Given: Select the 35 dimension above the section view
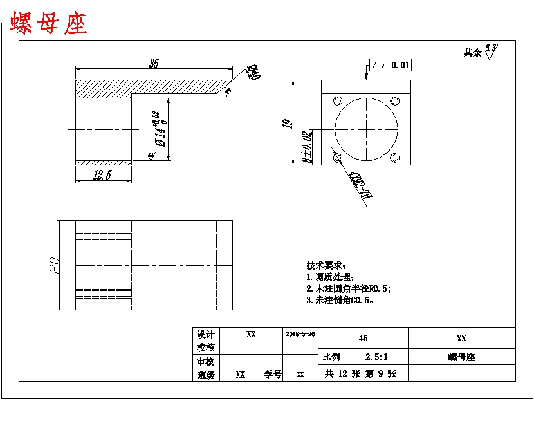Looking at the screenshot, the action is click(x=154, y=63).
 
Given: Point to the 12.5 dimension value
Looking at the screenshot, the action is click(x=103, y=175).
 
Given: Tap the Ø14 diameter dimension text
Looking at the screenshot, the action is click(x=160, y=130).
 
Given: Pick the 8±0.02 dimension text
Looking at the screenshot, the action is click(x=307, y=147).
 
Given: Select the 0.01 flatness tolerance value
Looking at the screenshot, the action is click(x=400, y=64).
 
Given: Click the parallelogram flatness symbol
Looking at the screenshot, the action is click(x=378, y=64).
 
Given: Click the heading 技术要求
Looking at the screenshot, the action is click(x=326, y=265).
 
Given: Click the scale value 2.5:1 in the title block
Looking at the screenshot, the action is click(x=376, y=357).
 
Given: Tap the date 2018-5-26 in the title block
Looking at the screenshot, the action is click(x=300, y=334).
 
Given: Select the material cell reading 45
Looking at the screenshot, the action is click(x=364, y=338).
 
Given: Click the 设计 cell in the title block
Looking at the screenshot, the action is click(x=205, y=335).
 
